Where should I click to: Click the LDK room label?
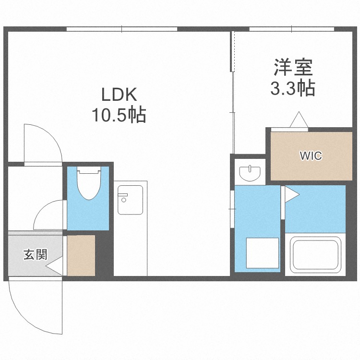pos(119,94)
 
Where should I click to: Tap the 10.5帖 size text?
pos(119,115)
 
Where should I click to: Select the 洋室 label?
pos(294,68)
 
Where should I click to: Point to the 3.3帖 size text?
pos(294,88)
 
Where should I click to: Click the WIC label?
pos(311,156)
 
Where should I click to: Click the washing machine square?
pos(262,252)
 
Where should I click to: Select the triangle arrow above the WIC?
pos(298,120)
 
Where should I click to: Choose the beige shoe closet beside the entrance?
pos(81,255)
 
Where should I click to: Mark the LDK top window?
pos(122,29)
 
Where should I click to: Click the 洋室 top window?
pos(291,29)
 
